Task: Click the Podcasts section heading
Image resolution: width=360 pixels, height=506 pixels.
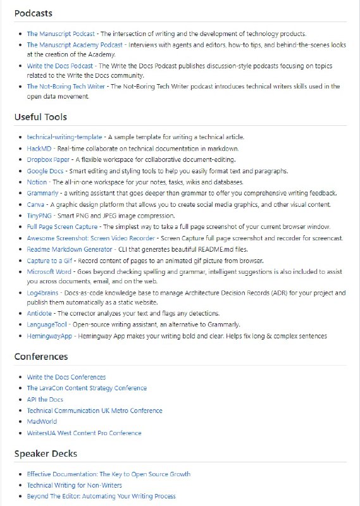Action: tap(33, 13)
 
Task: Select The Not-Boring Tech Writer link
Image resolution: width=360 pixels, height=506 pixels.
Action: tap(66, 87)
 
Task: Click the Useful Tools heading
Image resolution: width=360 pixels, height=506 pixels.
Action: tap(40, 117)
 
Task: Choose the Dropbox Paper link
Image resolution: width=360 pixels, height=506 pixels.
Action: tap(48, 159)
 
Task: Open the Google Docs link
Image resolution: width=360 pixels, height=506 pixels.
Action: tap(45, 171)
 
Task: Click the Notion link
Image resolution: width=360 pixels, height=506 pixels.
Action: tap(37, 182)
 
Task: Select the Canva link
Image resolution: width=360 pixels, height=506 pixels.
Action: tap(35, 205)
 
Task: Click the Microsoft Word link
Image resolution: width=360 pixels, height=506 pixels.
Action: tap(49, 271)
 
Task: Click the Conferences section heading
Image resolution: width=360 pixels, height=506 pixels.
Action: tap(41, 357)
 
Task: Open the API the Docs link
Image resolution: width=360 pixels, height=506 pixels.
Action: tap(45, 400)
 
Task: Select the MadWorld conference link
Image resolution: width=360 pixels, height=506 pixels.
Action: tap(42, 421)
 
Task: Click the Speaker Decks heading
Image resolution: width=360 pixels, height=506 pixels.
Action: tap(46, 454)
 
